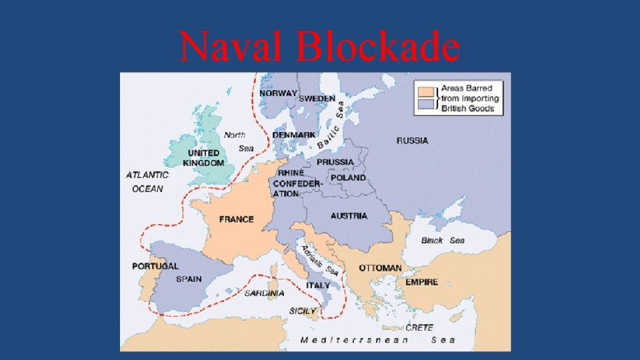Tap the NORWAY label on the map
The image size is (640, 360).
pos(279,93)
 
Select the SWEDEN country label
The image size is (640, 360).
pos(317,99)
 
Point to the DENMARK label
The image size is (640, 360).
pos(293,135)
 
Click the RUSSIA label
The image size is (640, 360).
pos(412,141)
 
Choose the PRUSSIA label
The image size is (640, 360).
pos(335,162)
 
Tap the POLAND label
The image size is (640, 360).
pos(348,177)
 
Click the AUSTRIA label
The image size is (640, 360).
pos(349,216)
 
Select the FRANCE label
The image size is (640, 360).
pos(236,219)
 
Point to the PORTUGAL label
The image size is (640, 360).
pos(155,266)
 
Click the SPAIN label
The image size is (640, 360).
pos(189,279)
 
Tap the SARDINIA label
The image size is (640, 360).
pos(264,293)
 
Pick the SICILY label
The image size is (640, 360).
pos(302,311)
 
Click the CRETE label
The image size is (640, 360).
pos(419,327)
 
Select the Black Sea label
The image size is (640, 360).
pos(443,240)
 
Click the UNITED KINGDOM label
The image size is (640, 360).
pos(203,158)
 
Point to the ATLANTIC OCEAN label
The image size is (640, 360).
pos(147,181)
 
